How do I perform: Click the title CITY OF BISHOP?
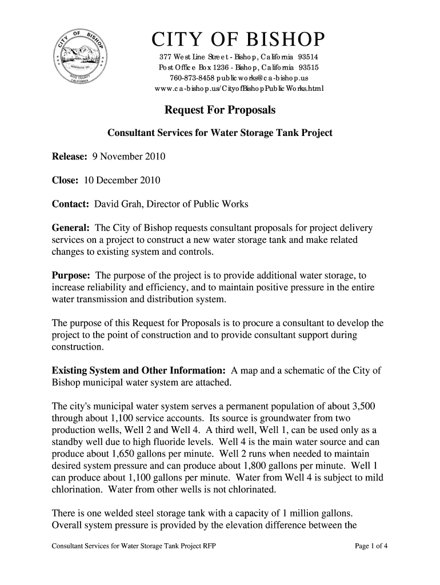click(238, 41)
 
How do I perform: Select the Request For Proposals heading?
click(220, 110)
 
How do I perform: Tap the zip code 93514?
click(307, 58)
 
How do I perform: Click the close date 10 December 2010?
click(122, 181)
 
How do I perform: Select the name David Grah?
click(118, 205)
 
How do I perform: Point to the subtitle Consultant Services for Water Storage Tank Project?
click(220, 134)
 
